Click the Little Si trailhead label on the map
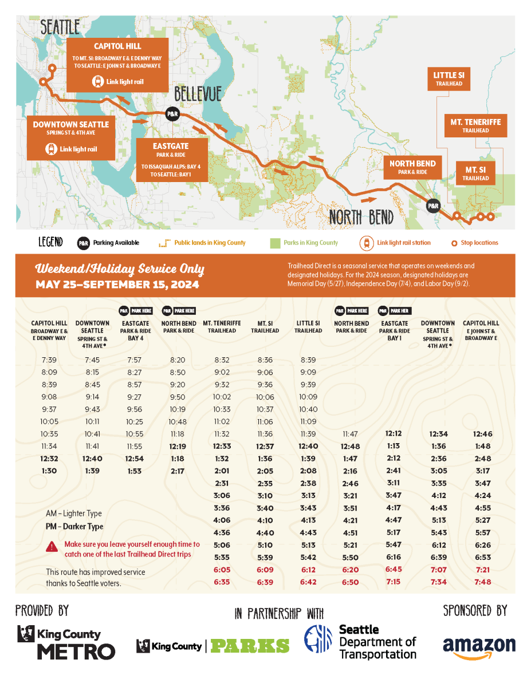pyautogui.click(x=449, y=79)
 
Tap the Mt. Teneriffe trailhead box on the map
pyautogui.click(x=475, y=125)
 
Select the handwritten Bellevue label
pyautogui.click(x=198, y=94)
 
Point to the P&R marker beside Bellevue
pyautogui.click(x=172, y=114)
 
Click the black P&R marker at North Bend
pyautogui.click(x=433, y=206)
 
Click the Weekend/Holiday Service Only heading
pyautogui.click(x=120, y=269)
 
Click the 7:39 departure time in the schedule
pyautogui.click(x=49, y=360)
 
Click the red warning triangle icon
pyautogui.click(x=52, y=547)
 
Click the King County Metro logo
pyautogui.click(x=66, y=642)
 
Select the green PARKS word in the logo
pyautogui.click(x=250, y=646)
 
